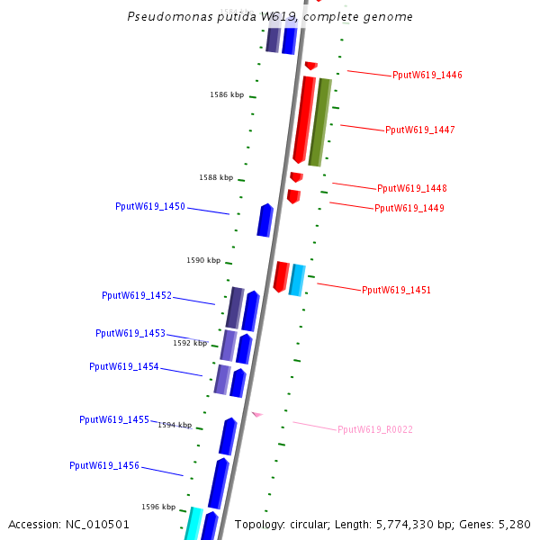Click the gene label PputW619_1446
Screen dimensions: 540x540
pyautogui.click(x=427, y=75)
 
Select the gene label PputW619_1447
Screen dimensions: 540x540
pyautogui.click(x=420, y=130)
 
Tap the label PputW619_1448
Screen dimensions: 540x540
pyautogui.click(x=412, y=188)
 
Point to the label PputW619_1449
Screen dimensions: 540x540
pyautogui.click(x=409, y=208)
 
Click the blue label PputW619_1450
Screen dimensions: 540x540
pyautogui.click(x=150, y=206)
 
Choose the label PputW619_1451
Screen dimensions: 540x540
pyautogui.click(x=396, y=290)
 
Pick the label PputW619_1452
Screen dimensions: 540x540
pyautogui.click(x=137, y=295)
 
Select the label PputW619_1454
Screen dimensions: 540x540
pyautogui.click(x=124, y=366)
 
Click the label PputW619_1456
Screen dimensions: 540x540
pyautogui.click(x=104, y=465)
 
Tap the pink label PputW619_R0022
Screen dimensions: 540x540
pyautogui.click(x=375, y=429)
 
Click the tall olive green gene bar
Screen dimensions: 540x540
pyautogui.click(x=319, y=122)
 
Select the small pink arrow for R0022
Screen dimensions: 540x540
pyautogui.click(x=256, y=414)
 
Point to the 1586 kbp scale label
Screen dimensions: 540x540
pyautogui.click(x=227, y=94)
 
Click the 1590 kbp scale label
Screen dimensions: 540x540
pyautogui.click(x=203, y=260)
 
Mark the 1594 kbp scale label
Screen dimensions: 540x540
pyautogui.click(x=175, y=425)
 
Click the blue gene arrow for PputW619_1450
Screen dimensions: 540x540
pyautogui.click(x=265, y=220)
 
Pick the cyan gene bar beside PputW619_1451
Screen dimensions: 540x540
pyautogui.click(x=297, y=280)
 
